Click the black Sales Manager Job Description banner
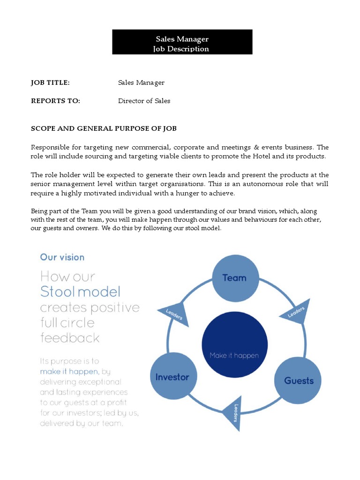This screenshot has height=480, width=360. coord(182,42)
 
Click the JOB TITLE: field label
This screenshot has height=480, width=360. coord(50,83)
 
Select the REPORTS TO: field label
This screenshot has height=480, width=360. coord(55,101)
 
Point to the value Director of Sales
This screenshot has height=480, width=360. coord(144,101)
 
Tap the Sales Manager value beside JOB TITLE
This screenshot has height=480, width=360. coord(141,83)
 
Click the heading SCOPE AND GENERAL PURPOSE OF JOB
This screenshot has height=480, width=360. coord(104,128)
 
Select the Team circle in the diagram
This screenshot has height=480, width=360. coord(235,277)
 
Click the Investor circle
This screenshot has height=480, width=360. coord(172,377)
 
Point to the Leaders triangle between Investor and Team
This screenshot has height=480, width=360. coord(174,315)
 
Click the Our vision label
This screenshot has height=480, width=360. coord(62,257)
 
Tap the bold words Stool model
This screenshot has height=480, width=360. coord(80,292)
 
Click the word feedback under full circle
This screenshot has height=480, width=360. coord(70,338)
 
